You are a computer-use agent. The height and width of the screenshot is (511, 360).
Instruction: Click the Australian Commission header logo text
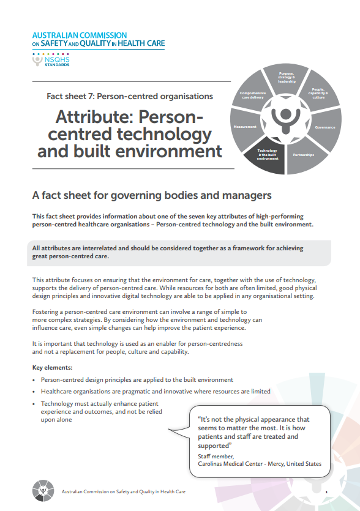[98, 40]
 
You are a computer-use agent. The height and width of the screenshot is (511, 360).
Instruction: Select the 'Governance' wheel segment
[325, 127]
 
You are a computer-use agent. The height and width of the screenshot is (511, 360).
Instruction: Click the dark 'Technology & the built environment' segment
[267, 154]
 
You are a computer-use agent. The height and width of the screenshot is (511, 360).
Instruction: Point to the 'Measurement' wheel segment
[245, 127]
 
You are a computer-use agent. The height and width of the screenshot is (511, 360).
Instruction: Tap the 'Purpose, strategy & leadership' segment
[286, 78]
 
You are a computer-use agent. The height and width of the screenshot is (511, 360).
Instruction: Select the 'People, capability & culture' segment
[318, 92]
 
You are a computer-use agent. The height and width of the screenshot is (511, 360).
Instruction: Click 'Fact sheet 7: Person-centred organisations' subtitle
[130, 96]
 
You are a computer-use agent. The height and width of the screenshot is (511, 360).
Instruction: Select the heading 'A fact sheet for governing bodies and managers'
[151, 196]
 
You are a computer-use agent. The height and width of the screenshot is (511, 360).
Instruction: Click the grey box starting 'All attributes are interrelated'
[168, 252]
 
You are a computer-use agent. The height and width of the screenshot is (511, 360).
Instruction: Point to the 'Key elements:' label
[52, 368]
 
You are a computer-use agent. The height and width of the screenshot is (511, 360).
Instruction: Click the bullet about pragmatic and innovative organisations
[156, 391]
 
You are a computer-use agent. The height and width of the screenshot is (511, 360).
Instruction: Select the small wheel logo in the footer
[42, 491]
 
